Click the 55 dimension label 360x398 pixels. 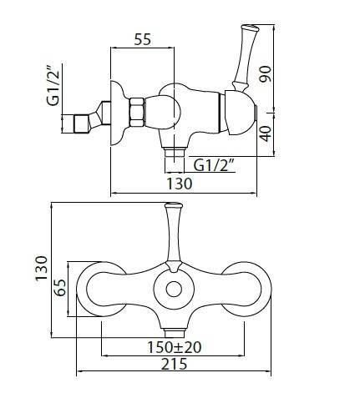[142, 39]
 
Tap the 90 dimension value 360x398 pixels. [265, 73]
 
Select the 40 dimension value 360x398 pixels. [266, 134]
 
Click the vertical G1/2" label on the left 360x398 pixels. [53, 85]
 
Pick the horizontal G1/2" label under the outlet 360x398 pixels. [213, 166]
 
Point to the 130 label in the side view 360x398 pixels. [180, 184]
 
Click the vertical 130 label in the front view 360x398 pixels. [42, 269]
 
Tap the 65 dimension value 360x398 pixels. [60, 288]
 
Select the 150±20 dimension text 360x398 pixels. [174, 347]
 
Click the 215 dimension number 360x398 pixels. [175, 364]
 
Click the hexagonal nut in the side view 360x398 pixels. [137, 112]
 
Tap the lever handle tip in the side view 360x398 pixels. [250, 28]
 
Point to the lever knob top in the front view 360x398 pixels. [174, 206]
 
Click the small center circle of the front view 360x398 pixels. [174, 289]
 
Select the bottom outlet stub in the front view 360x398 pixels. [175, 333]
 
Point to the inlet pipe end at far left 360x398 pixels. [81, 123]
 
